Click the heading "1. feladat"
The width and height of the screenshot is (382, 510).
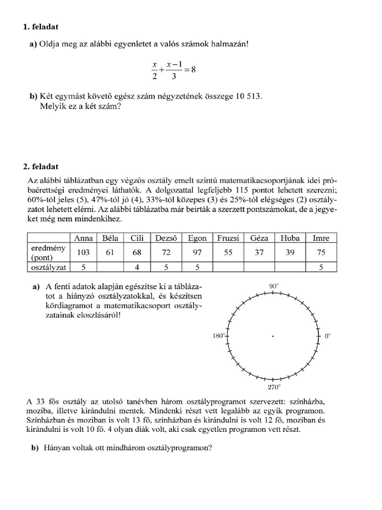[x=44, y=26]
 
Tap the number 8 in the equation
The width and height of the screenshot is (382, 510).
[x=193, y=70]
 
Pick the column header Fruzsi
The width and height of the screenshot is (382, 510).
[x=228, y=238]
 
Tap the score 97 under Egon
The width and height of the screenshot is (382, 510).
[x=197, y=253]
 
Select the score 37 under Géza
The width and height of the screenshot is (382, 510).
[x=259, y=253]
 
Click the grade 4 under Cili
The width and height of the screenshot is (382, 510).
[x=137, y=267]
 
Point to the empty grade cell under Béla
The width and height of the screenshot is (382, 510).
[x=110, y=267]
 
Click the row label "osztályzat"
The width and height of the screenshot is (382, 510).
[x=48, y=267]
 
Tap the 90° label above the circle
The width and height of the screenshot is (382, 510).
[x=274, y=286]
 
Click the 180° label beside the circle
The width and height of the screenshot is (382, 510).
[x=219, y=336]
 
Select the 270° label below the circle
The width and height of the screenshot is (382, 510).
[x=274, y=386]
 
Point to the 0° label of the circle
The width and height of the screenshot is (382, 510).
[x=327, y=336]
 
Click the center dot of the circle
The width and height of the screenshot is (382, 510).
[x=273, y=337]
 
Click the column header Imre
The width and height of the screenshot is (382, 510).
[x=321, y=238]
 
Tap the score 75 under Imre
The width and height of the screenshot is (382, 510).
[x=321, y=253]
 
